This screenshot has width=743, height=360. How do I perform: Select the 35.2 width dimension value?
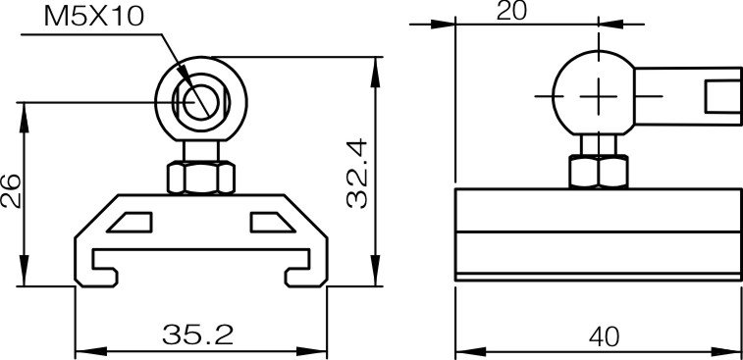tap(197, 335)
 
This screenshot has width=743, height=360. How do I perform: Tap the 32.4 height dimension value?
tap(357, 173)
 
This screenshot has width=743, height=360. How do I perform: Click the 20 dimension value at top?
tap(512, 12)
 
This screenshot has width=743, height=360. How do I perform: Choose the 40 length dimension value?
tap(604, 335)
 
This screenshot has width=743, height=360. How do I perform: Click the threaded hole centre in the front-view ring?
tap(200, 101)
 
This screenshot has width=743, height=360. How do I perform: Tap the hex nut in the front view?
tap(200, 178)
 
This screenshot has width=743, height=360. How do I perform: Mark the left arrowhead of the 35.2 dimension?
tap(82, 348)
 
